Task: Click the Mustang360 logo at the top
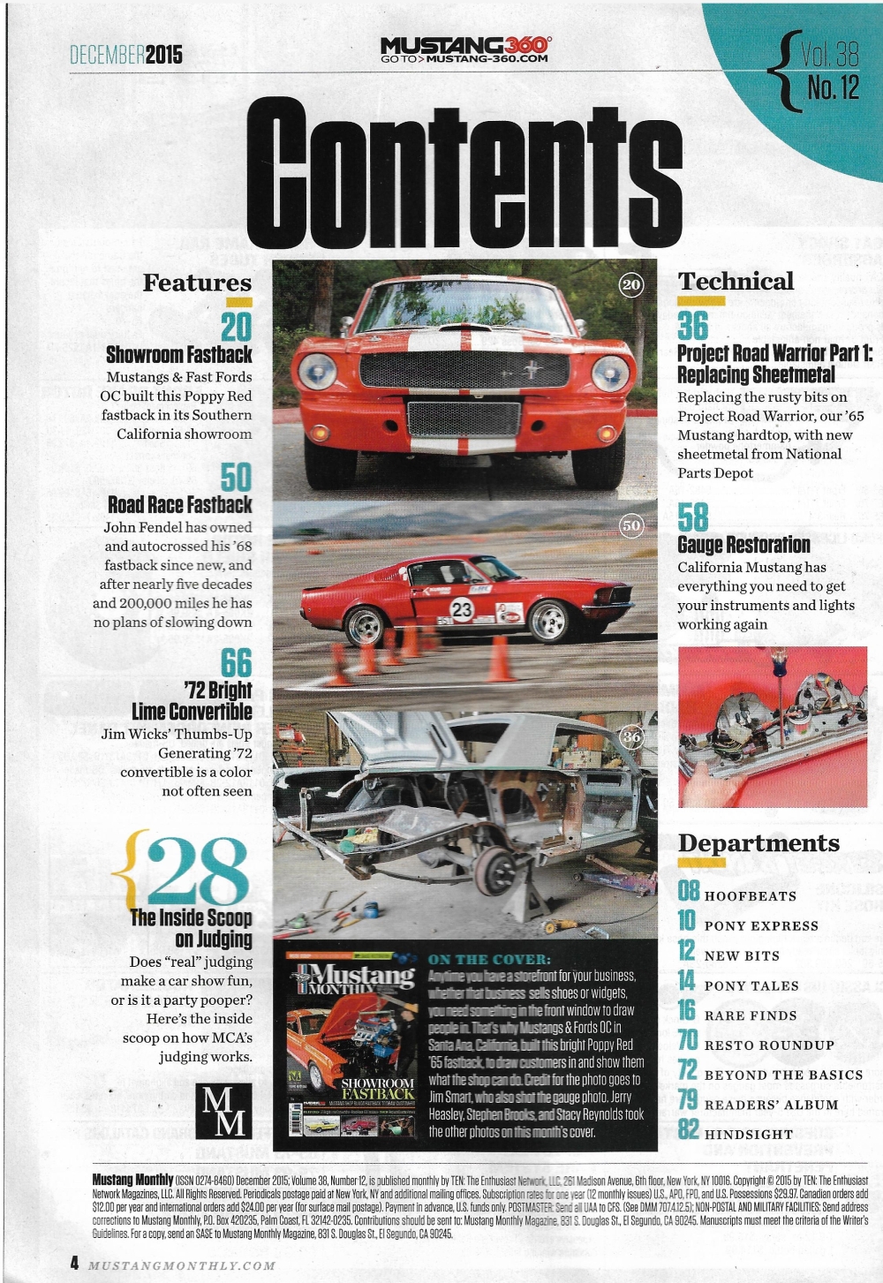(465, 49)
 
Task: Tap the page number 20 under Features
(236, 326)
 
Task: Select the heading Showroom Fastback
(179, 355)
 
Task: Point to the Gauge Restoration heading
(743, 545)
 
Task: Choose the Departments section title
(758, 843)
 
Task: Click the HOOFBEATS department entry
(750, 896)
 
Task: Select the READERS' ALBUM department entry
(771, 1105)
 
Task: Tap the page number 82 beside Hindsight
(689, 1129)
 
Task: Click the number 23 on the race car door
(462, 609)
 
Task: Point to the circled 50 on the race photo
(631, 525)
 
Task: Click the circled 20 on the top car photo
(631, 284)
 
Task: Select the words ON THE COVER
(489, 959)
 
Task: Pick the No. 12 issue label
(833, 88)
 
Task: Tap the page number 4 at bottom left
(75, 1263)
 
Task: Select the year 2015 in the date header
(164, 55)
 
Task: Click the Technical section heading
(736, 282)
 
